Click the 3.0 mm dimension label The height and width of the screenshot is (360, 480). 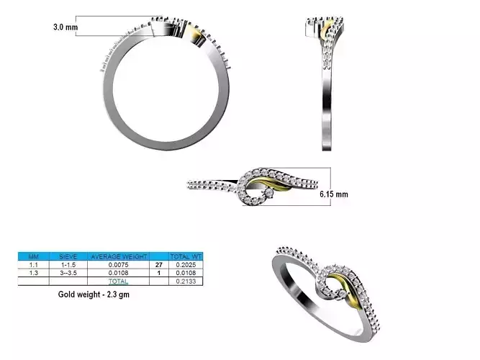click(x=65, y=27)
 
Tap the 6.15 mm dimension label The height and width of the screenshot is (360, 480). click(x=333, y=194)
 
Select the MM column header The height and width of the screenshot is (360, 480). click(x=33, y=256)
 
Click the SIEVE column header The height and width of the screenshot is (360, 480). click(x=67, y=256)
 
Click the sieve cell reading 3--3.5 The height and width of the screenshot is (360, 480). click(x=67, y=274)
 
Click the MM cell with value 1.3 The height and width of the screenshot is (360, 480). click(x=33, y=274)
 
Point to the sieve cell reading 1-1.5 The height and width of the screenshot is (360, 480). click(x=67, y=265)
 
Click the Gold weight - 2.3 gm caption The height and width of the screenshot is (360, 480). click(x=94, y=294)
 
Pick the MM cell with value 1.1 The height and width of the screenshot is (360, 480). click(x=33, y=265)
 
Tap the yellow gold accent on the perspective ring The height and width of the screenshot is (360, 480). click(x=350, y=295)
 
